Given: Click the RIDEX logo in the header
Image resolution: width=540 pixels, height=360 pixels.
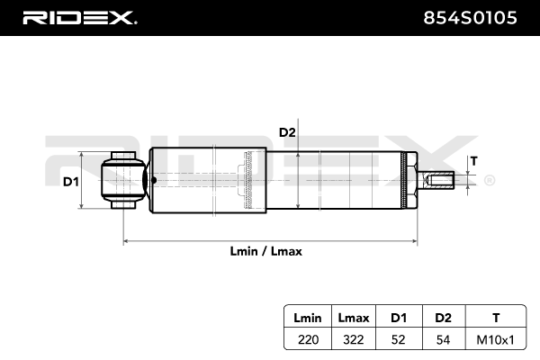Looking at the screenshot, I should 78,17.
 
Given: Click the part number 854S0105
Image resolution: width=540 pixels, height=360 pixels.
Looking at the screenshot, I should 476,17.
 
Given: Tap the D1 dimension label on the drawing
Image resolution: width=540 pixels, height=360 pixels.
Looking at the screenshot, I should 71,182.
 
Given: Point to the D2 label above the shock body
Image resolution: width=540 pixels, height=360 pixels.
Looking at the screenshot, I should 287,132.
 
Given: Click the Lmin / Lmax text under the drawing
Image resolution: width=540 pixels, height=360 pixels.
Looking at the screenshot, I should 266,252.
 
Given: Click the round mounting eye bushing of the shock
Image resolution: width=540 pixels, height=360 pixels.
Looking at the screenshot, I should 123,181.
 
